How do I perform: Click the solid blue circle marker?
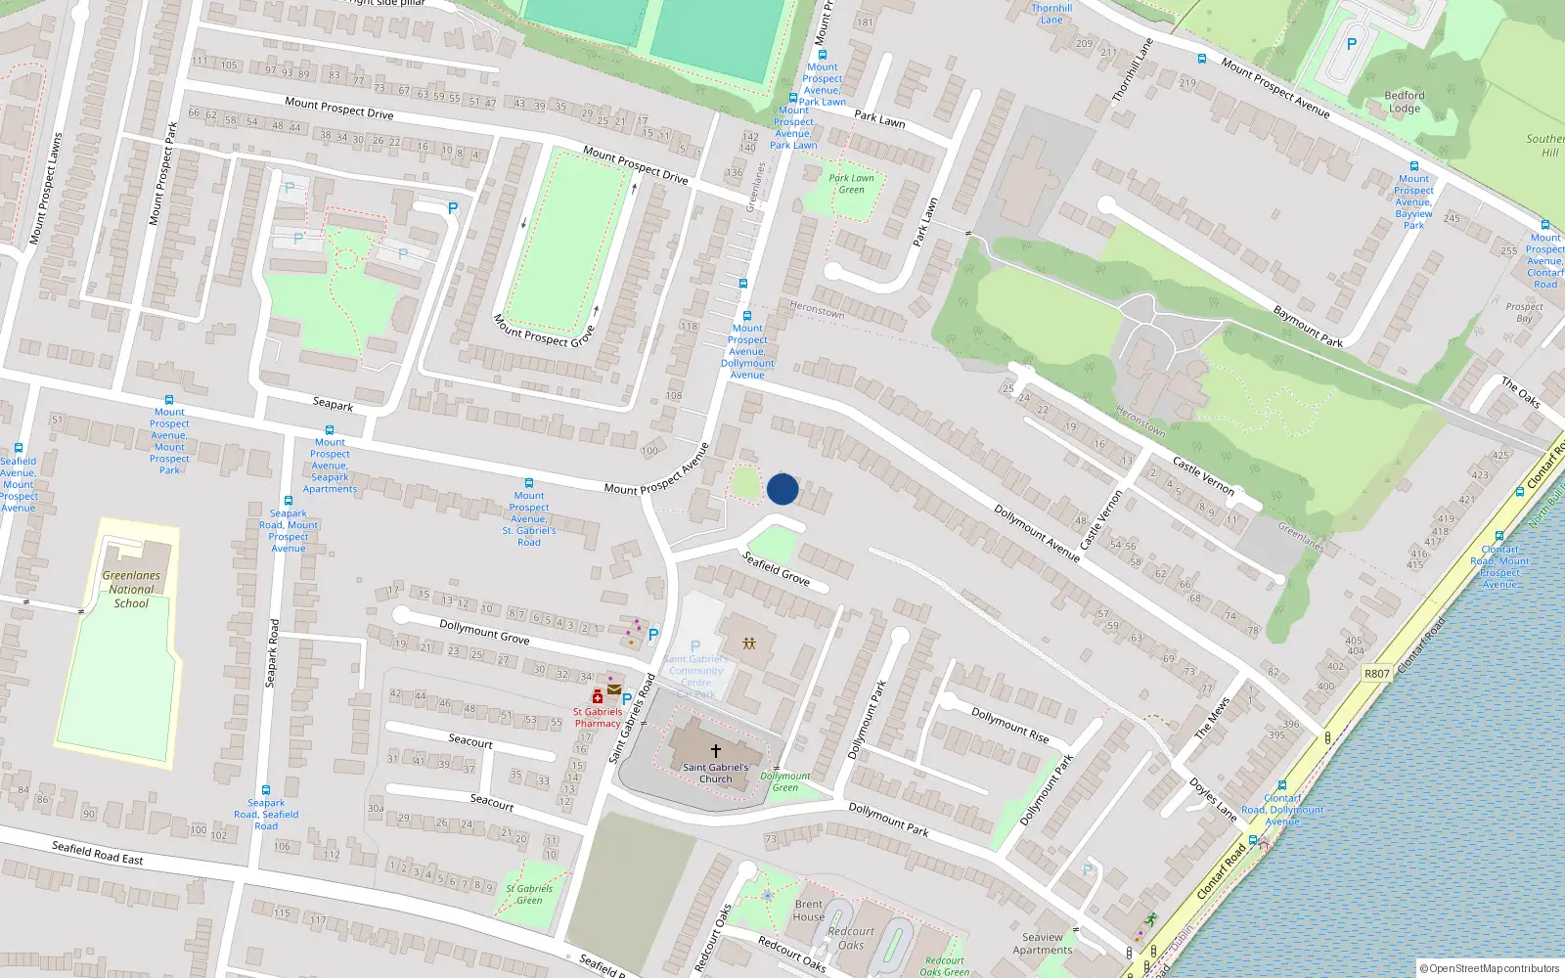point(782,489)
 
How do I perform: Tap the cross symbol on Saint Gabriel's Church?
point(716,751)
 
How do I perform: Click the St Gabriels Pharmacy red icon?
point(598,697)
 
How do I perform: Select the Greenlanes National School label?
point(131,589)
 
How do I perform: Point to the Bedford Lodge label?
point(1405,102)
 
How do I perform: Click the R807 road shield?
point(1376,673)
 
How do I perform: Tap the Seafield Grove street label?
point(776,568)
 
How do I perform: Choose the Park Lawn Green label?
point(851,183)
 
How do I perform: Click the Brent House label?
point(808,910)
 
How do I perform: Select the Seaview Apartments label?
point(1043,943)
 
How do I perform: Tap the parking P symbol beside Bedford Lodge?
point(1352,44)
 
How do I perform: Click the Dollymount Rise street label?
point(1009,725)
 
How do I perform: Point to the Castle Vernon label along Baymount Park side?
point(1203,475)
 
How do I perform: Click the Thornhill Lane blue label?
point(1051,14)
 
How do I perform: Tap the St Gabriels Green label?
point(529,894)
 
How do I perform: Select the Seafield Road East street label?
point(97,853)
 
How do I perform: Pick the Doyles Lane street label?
point(1212,798)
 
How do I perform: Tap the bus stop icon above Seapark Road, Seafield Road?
point(266,789)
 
